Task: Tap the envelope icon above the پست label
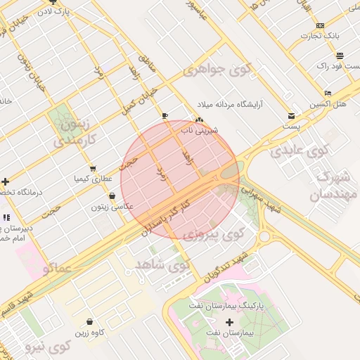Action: pos(291,116)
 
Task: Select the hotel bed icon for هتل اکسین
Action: pos(328,94)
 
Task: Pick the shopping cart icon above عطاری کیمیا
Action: pos(94,169)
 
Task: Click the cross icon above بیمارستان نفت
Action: pos(229,321)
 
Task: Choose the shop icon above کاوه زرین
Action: pos(89,322)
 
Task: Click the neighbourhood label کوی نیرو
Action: pos(48,347)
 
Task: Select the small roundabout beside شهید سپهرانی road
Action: pos(264,236)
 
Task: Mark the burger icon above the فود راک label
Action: pos(340,56)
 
